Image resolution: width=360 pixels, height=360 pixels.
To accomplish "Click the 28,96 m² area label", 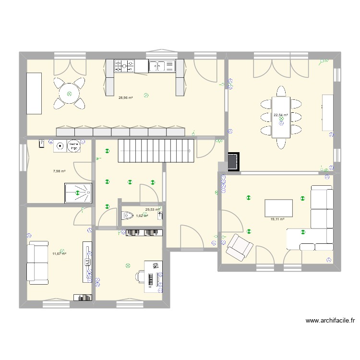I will point(126,97).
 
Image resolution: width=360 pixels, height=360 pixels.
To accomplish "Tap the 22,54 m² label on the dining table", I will point(280,115).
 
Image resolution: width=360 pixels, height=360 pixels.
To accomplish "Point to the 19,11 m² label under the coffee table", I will point(277,219).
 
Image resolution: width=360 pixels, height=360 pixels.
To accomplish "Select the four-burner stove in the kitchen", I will point(124,66).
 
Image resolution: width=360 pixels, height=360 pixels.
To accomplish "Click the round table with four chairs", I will point(70,94).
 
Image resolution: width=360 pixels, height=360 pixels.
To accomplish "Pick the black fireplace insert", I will point(234,162).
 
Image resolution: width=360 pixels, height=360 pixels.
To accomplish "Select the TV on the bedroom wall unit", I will point(88,262).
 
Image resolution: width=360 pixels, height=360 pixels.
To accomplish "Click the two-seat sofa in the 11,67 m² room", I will point(37,262).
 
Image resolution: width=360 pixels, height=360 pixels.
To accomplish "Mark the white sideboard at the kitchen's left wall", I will point(34,94).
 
